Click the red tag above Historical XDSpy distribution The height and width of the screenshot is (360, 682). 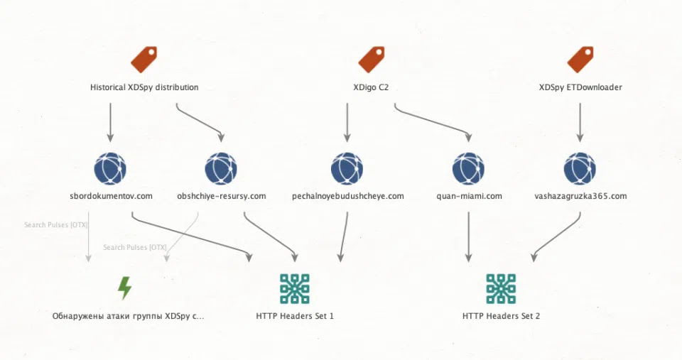tap(144, 60)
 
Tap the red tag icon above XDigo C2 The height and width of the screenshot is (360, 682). tap(372, 60)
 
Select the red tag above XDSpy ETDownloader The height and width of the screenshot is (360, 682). tap(580, 60)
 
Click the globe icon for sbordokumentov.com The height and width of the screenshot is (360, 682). tap(110, 169)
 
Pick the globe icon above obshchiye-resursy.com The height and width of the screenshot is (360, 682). tap(221, 169)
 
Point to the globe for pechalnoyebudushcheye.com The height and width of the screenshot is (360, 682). tap(347, 169)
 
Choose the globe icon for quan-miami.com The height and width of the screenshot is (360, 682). tap(468, 169)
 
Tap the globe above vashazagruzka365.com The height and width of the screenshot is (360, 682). tap(580, 169)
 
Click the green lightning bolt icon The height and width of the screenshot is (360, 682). tap(125, 288)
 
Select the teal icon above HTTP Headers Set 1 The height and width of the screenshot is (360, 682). tap(294, 289)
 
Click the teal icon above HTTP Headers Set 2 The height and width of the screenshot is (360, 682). tap(501, 289)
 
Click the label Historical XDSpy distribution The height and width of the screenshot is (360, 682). tap(144, 87)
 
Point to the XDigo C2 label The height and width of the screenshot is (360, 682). tap(371, 87)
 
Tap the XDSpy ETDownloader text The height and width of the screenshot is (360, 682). tap(580, 87)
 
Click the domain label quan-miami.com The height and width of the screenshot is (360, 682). tap(469, 196)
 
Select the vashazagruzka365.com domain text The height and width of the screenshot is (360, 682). tap(580, 196)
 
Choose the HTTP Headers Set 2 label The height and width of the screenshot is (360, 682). tap(501, 316)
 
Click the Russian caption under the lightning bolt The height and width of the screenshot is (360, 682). tap(128, 316)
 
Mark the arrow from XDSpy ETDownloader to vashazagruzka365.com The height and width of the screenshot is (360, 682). tap(580, 123)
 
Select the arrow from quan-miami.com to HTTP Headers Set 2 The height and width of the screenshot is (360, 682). tap(468, 237)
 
